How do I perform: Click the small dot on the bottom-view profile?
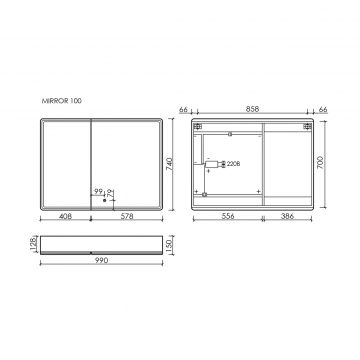point(92,251)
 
